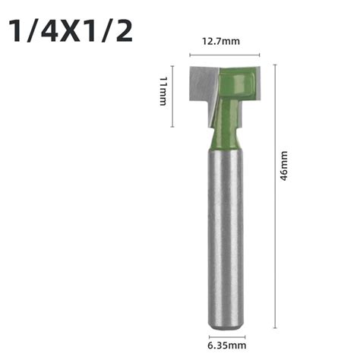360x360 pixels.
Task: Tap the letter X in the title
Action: pos(74,31)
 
